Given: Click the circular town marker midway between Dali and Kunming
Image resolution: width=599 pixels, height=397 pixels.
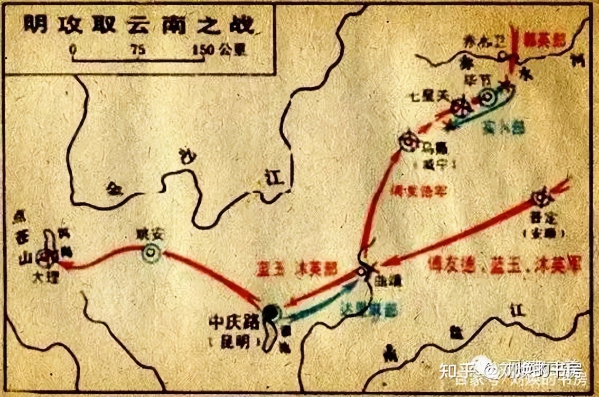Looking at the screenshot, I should pos(151,253).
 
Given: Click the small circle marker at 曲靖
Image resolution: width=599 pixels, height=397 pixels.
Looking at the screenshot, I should pos(361,271).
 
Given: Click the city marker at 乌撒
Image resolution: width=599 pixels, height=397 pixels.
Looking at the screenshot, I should pos(408,141).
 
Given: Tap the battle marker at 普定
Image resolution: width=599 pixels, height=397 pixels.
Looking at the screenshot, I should pos(542,199).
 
